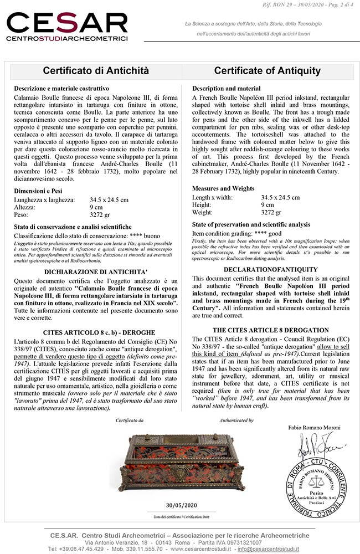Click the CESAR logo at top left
(67, 26)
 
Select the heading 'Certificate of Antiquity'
(267, 71)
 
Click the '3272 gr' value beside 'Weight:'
(271, 212)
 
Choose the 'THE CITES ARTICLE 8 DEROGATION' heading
(270, 330)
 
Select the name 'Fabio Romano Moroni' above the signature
(314, 428)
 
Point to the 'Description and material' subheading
(226, 89)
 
